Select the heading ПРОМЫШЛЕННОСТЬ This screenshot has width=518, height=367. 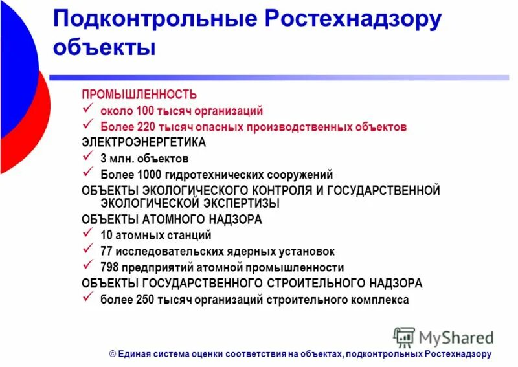click(139, 95)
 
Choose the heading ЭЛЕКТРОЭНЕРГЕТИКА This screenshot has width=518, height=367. click(144, 142)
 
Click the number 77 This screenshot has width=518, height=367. click(107, 251)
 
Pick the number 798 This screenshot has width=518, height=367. click(110, 267)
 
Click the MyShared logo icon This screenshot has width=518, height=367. click(405, 337)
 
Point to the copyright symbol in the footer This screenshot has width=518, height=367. click(112, 354)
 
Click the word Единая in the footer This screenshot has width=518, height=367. click(134, 354)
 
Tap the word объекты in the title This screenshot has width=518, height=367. click(104, 48)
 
